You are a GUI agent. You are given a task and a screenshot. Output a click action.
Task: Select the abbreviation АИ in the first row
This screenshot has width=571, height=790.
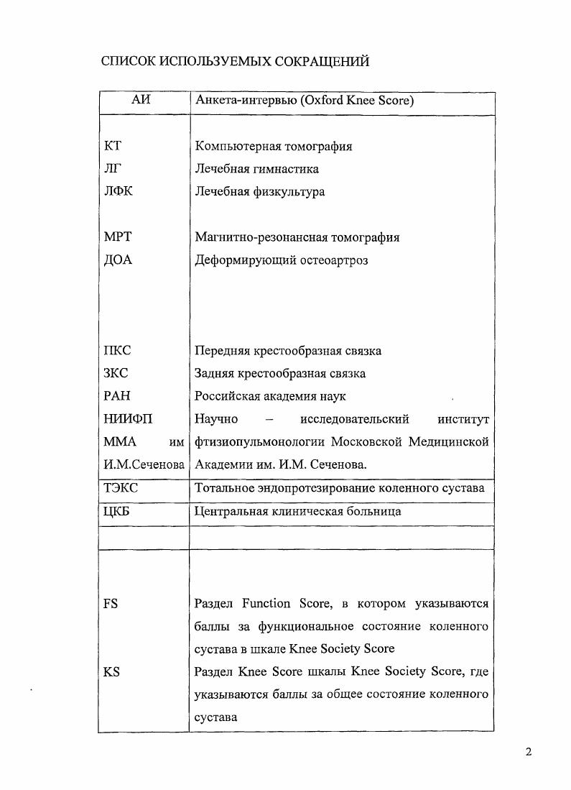(x=141, y=101)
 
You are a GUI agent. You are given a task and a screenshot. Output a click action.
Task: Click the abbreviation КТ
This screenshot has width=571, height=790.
(x=113, y=146)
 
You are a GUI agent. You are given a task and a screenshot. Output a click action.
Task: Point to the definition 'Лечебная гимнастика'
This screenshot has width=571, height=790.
(x=256, y=169)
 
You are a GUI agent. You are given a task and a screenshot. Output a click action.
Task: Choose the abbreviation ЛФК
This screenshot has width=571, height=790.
(x=119, y=192)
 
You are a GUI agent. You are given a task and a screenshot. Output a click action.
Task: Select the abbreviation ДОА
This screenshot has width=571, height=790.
(x=119, y=260)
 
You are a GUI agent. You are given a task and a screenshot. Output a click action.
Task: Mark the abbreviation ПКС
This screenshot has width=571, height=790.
(x=118, y=351)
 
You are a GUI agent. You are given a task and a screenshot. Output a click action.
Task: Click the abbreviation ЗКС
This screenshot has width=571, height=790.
(x=117, y=374)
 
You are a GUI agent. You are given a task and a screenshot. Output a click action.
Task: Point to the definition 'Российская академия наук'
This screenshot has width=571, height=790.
(x=270, y=396)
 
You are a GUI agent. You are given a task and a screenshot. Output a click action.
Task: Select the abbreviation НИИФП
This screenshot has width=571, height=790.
(x=129, y=419)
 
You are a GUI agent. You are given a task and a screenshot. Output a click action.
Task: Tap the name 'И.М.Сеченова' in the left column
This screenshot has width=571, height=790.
(x=144, y=464)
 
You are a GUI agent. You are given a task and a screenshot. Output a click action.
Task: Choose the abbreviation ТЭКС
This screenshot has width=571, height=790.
(x=121, y=488)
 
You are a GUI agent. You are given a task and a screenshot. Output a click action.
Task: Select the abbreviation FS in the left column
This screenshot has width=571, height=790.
(x=111, y=604)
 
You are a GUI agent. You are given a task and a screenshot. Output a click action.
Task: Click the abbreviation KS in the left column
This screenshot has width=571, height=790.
(x=111, y=672)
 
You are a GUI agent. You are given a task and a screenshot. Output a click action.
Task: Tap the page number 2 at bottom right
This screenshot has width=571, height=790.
(x=529, y=753)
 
